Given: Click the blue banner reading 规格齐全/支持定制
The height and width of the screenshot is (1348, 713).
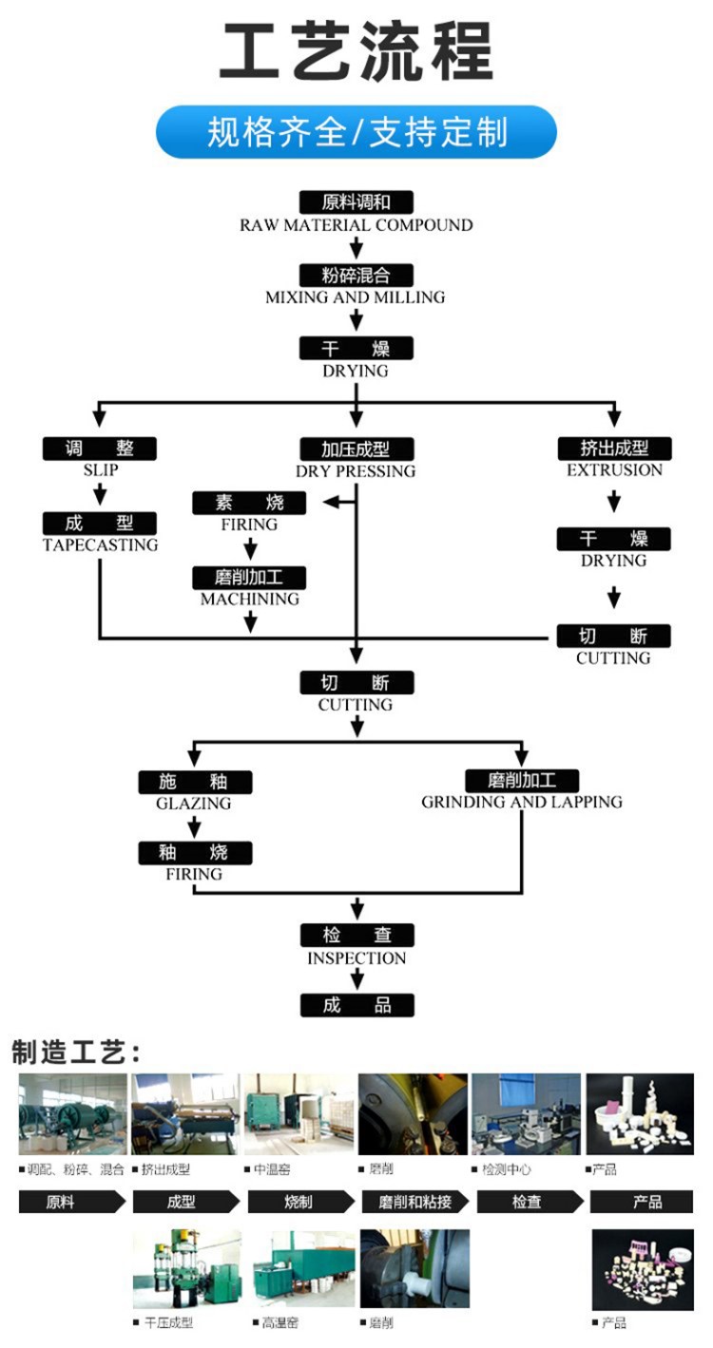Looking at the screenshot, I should tap(356, 132).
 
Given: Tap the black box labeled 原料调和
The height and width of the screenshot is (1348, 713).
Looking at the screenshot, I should tap(356, 201).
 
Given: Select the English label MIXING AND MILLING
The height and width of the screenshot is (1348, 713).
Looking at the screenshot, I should tap(356, 297).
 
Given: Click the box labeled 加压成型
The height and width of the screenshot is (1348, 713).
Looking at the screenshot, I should tap(356, 448).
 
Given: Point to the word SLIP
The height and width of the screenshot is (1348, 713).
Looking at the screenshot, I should tap(100, 470).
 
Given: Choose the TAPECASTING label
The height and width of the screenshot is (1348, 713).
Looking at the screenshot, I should tap(100, 545).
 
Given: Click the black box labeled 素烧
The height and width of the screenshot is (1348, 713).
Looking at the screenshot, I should tap(250, 503).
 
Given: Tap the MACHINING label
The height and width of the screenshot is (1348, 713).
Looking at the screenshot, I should tap(250, 599).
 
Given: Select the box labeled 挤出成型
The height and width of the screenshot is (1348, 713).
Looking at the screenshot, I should tap(614, 447).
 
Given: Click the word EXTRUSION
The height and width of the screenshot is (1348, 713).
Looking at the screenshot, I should tap(614, 470).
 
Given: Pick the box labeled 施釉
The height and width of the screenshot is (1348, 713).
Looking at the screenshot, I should tap(195, 782).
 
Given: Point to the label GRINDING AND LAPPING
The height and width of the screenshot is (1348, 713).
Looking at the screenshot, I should tap(522, 803).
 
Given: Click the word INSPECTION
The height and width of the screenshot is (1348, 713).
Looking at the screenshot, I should tap(356, 959).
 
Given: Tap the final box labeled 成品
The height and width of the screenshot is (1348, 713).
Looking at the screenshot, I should tap(357, 1005).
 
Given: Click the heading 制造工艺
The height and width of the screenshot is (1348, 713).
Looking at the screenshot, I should tap(76, 1053).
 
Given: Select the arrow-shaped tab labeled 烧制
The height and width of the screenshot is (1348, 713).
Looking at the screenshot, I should tap(299, 1202).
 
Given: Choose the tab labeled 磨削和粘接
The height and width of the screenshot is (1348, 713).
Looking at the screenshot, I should tap(414, 1202).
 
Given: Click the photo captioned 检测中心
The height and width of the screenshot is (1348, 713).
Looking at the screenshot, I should tap(526, 1114).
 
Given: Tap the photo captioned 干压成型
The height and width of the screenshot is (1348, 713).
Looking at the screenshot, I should tap(187, 1268).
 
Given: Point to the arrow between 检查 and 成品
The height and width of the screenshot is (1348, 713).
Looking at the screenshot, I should tap(357, 980).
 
